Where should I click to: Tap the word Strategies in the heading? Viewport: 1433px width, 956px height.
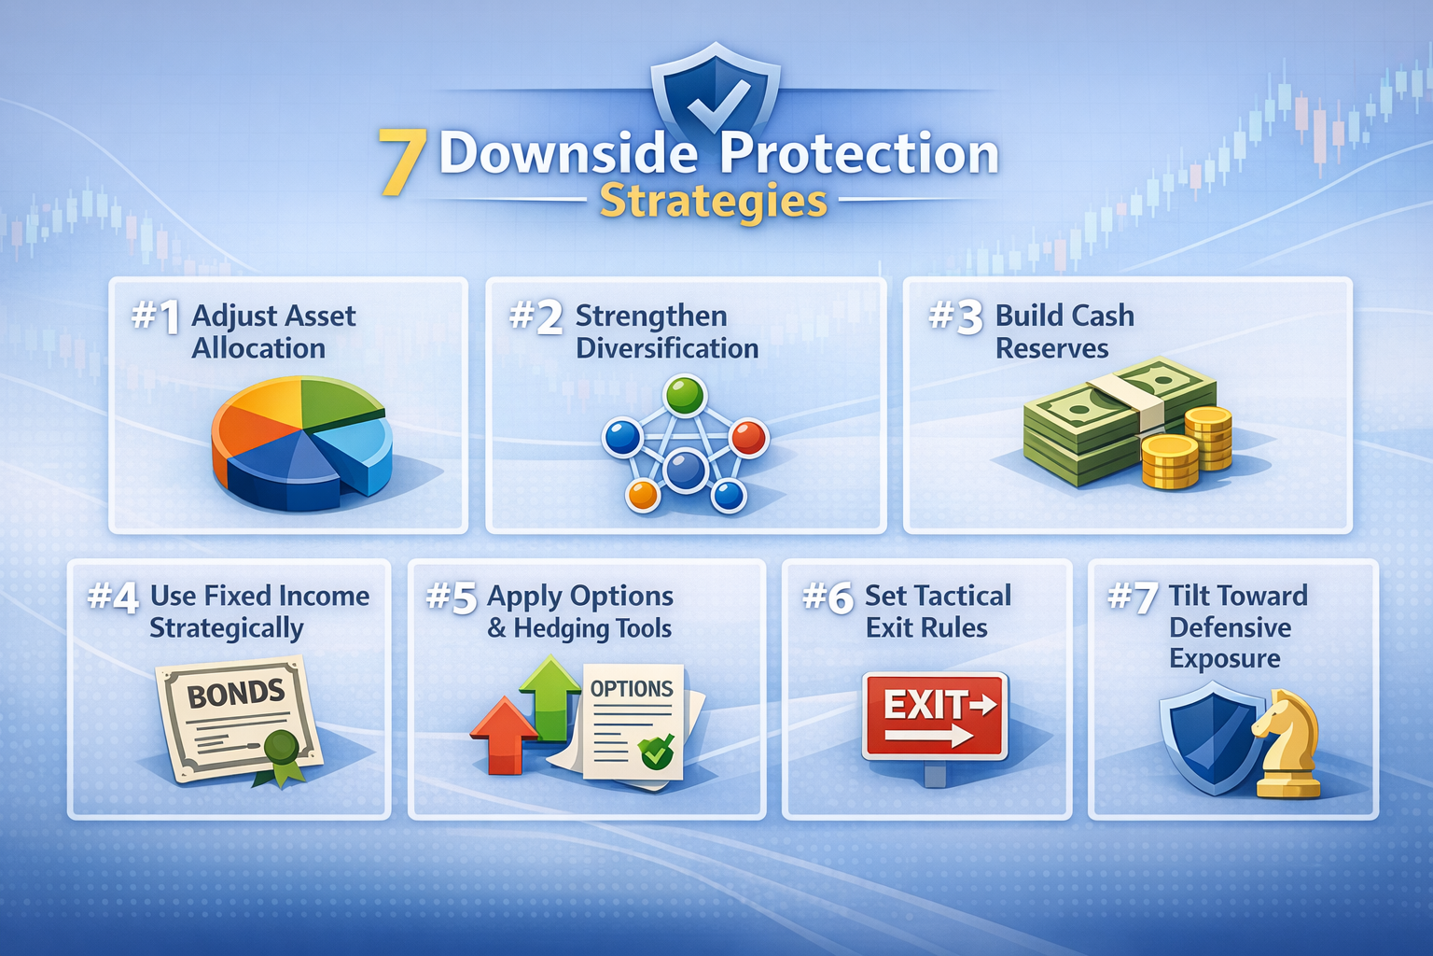pyautogui.click(x=713, y=201)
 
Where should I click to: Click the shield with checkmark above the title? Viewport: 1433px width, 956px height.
pyautogui.click(x=716, y=93)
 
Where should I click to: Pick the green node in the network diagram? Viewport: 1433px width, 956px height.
pyautogui.click(x=685, y=396)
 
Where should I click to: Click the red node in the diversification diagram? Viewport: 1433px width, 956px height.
pyautogui.click(x=748, y=436)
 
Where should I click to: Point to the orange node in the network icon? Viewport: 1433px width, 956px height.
pyautogui.click(x=643, y=494)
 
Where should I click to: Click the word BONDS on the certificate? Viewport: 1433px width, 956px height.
pyautogui.click(x=235, y=694)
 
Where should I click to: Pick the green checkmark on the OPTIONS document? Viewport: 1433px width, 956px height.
pyautogui.click(x=657, y=750)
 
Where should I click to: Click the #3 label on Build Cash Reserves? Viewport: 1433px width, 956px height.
pyautogui.click(x=955, y=316)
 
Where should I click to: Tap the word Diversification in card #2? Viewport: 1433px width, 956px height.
pyautogui.click(x=666, y=348)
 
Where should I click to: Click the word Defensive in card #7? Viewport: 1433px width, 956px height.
pyautogui.click(x=1230, y=627)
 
